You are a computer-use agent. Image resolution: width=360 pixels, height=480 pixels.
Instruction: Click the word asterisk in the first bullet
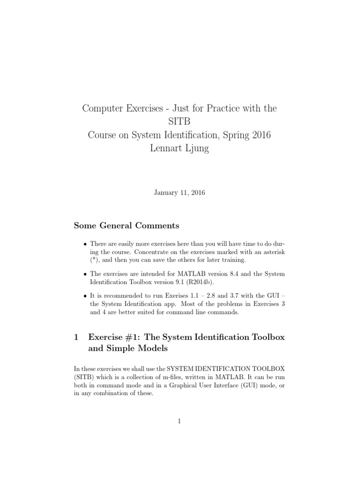pos(273,252)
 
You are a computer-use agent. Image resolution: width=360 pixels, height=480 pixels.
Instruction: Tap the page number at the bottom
pos(180,421)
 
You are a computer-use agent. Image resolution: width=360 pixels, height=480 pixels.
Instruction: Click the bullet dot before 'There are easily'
pos(84,244)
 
